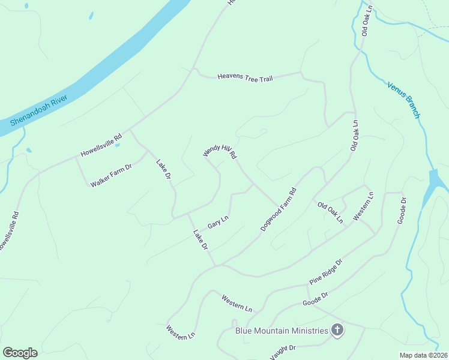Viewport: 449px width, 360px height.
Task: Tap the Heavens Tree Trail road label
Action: point(245,77)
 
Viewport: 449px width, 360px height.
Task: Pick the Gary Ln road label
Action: point(218,222)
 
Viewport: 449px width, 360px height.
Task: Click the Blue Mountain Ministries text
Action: point(282,331)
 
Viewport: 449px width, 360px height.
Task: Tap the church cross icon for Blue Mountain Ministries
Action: point(337,330)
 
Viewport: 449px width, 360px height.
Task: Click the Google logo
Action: point(20,353)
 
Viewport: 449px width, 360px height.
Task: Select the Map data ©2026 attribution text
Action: point(423,355)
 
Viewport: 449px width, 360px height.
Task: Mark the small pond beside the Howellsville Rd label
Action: point(118,145)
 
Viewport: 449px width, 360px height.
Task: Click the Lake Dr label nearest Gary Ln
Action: point(200,239)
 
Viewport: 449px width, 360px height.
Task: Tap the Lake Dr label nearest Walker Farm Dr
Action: point(164,169)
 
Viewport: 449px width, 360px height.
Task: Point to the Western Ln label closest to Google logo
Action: point(181,333)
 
